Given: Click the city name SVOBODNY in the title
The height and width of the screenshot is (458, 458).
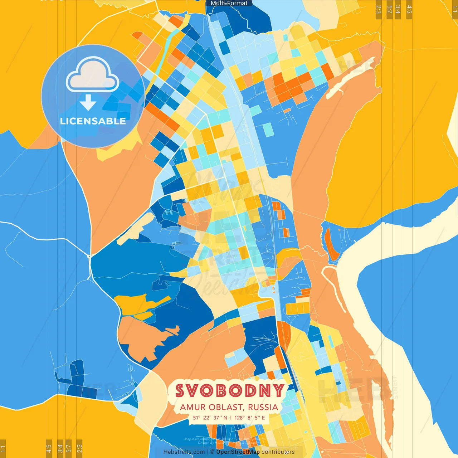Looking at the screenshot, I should [x=229, y=391].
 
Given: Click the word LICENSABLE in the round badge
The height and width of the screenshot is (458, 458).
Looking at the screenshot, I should [x=93, y=121].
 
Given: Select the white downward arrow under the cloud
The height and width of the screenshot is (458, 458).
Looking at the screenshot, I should [x=88, y=103].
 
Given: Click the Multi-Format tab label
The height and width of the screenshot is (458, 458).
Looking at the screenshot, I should [x=229, y=3].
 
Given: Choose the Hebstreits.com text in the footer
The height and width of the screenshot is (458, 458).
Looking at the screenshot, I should [x=184, y=452].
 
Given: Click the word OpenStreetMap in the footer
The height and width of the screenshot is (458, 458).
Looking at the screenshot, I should [x=238, y=452].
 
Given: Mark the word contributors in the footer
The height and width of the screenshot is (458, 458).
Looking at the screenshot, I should [x=278, y=452].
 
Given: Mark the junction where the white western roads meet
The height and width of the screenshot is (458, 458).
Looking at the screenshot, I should [x=89, y=255].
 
